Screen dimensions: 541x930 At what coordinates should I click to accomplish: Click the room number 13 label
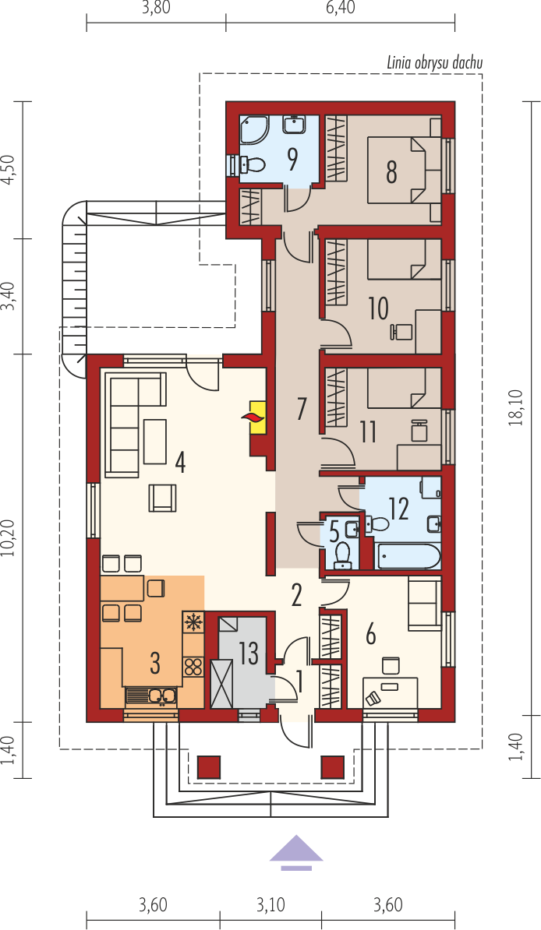(x=249, y=653)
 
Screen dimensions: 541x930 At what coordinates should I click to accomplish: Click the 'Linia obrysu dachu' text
(x=435, y=62)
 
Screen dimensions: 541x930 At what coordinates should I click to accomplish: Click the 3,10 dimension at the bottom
(x=270, y=906)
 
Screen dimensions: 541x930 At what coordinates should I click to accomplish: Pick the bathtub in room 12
(x=410, y=556)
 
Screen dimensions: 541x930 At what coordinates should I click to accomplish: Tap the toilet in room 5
(x=343, y=555)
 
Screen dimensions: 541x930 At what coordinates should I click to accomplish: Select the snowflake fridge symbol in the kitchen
(x=193, y=622)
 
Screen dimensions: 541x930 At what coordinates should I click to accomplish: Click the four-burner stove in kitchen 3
(x=193, y=666)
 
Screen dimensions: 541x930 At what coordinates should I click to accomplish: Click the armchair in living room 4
(x=162, y=497)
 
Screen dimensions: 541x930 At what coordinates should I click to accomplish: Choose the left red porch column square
(x=209, y=767)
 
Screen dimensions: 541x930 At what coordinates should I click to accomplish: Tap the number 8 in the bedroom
(x=391, y=172)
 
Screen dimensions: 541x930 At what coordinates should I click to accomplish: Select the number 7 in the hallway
(x=301, y=409)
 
